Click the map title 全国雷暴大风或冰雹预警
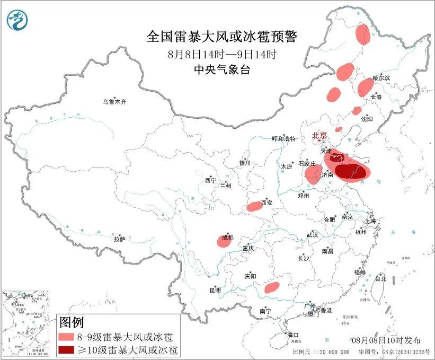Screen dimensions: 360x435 point(222,37)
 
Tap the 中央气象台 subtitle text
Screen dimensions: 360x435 point(221,70)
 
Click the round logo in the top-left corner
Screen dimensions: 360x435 point(17,21)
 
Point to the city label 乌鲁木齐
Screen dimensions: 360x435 point(115,102)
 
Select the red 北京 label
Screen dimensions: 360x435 point(319,136)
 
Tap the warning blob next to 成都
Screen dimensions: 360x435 point(223,241)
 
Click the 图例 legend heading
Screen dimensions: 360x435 point(72,322)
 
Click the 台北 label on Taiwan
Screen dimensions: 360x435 point(380,278)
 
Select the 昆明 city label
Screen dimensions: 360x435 point(215,291)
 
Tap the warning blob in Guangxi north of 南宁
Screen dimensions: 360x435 point(272,287)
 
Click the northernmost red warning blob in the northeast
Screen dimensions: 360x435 point(362,34)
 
